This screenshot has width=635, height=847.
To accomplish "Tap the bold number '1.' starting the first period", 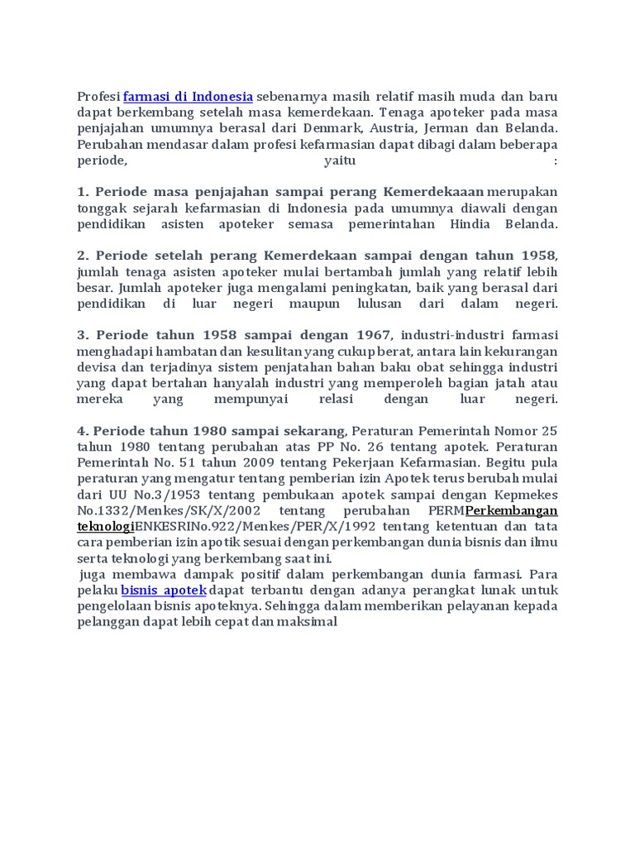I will [x=83, y=192].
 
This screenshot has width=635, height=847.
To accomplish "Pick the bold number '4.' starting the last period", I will [x=83, y=431].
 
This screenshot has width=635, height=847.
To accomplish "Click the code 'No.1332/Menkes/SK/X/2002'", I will [x=166, y=511].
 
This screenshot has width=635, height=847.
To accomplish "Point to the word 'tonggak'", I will [x=103, y=208].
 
